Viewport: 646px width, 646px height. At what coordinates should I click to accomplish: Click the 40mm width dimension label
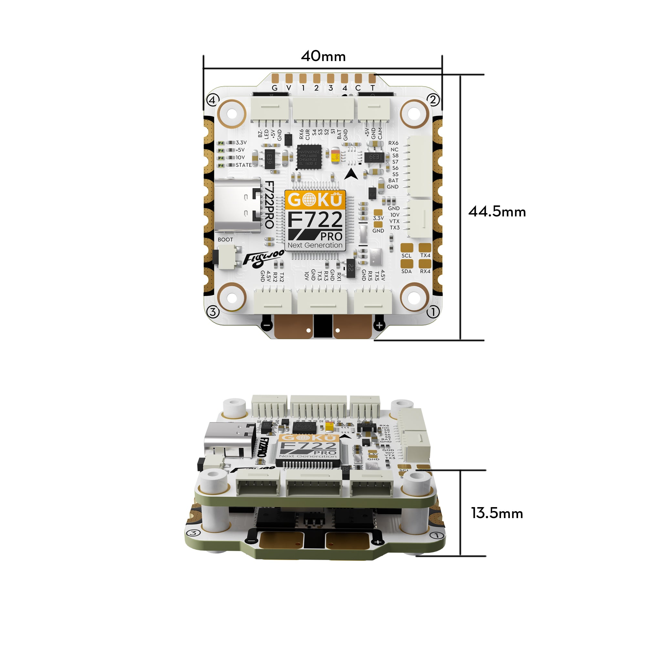click(323, 56)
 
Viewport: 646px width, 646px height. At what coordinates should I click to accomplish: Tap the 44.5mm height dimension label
click(497, 212)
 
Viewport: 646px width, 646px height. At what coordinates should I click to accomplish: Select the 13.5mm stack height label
click(497, 513)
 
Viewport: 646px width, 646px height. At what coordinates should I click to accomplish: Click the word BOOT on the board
click(225, 240)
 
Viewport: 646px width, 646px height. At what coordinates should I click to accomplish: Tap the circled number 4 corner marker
click(213, 99)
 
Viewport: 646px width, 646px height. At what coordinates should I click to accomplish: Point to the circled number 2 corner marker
click(433, 99)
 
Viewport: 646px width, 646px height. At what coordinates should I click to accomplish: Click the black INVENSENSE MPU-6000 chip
click(309, 157)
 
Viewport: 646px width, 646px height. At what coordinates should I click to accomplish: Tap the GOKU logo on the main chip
click(315, 200)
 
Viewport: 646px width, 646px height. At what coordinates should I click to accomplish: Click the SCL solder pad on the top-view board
click(407, 248)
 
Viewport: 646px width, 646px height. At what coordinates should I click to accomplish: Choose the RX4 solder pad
click(425, 264)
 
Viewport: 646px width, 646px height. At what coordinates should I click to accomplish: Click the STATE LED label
click(244, 165)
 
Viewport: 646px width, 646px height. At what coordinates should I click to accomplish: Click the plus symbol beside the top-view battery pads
click(379, 325)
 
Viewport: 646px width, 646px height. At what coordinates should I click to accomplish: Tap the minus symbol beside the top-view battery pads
click(266, 325)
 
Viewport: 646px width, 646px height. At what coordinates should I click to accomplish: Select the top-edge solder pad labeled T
click(372, 78)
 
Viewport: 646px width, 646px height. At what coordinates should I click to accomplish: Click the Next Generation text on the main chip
click(315, 245)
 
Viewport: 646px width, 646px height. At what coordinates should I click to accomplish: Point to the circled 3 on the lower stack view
click(193, 533)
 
